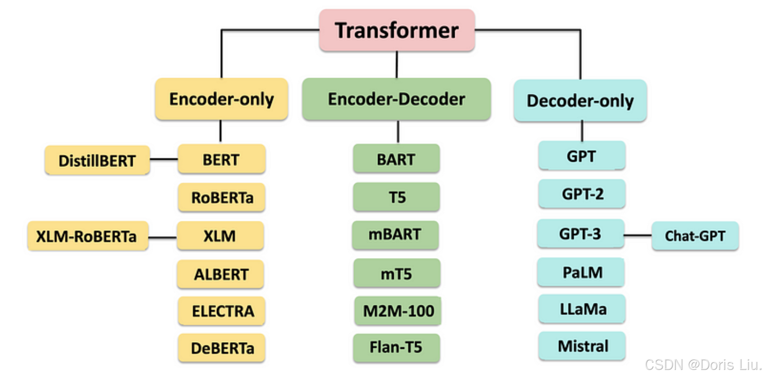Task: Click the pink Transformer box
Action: tap(397, 31)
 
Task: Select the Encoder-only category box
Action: tap(221, 99)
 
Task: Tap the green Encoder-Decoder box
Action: tap(396, 99)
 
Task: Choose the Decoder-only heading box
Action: tap(580, 101)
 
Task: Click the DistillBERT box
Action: tap(97, 160)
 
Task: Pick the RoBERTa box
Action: tap(222, 198)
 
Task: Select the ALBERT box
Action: tap(221, 274)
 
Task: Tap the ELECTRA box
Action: tap(222, 311)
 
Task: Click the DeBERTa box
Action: tap(222, 348)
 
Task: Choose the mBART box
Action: tap(395, 235)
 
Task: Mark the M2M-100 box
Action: tap(398, 311)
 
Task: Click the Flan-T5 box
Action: tap(396, 347)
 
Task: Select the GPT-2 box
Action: tap(582, 194)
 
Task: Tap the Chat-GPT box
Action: tap(695, 236)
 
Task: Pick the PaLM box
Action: tap(582, 273)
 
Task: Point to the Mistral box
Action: tap(582, 346)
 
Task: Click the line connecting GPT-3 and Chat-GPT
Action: tap(638, 235)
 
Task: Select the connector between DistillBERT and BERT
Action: tap(164, 159)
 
